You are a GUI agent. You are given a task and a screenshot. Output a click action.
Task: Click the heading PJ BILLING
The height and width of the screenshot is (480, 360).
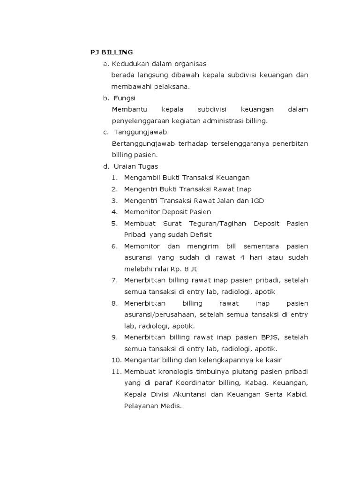click(112, 52)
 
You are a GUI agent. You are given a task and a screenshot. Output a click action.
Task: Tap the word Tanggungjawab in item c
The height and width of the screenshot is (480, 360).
click(140, 132)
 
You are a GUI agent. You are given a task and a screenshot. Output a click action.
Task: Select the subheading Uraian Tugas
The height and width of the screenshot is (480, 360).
click(136, 166)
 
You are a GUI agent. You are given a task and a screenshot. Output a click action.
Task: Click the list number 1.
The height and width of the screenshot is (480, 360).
click(114, 178)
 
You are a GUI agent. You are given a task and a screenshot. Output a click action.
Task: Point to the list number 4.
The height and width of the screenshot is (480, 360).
click(114, 212)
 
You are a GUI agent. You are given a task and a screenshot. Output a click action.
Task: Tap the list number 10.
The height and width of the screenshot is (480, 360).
click(116, 360)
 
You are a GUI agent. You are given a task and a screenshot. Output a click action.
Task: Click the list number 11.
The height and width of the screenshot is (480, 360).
click(116, 371)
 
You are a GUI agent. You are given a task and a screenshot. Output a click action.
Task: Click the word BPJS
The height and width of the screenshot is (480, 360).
click(269, 337)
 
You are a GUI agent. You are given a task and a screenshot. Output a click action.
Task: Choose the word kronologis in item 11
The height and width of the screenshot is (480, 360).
click(173, 371)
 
